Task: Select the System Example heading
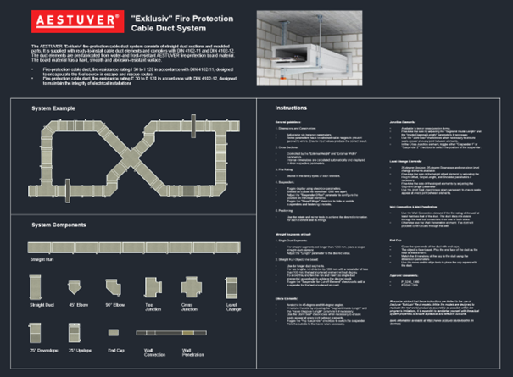[x=53, y=110]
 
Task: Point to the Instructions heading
[x=293, y=109]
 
